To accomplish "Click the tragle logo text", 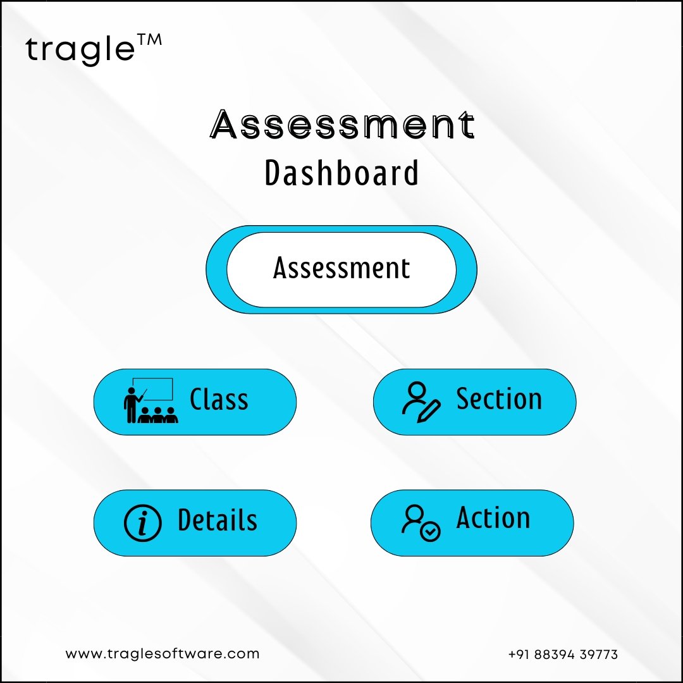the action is pyautogui.click(x=80, y=51).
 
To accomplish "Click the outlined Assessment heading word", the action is pyautogui.click(x=342, y=125).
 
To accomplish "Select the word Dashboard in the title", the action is pyautogui.click(x=342, y=173).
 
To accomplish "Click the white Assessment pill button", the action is pyautogui.click(x=341, y=269).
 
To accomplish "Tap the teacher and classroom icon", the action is pyautogui.click(x=151, y=400).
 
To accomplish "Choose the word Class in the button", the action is pyautogui.click(x=219, y=400).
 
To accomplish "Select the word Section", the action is pyautogui.click(x=499, y=398).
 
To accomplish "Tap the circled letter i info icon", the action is pyautogui.click(x=143, y=523).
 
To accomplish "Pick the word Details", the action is pyautogui.click(x=218, y=520).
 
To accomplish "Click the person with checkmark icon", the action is pyautogui.click(x=421, y=523).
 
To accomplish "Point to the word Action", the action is pyautogui.click(x=493, y=517).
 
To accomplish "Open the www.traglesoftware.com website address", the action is pyautogui.click(x=163, y=654).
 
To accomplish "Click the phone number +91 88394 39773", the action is pyautogui.click(x=563, y=655).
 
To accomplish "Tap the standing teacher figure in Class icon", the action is pyautogui.click(x=131, y=405).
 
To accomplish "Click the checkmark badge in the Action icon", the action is pyautogui.click(x=430, y=531).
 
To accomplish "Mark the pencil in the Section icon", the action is pyautogui.click(x=429, y=411).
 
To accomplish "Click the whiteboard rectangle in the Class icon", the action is pyautogui.click(x=153, y=389).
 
